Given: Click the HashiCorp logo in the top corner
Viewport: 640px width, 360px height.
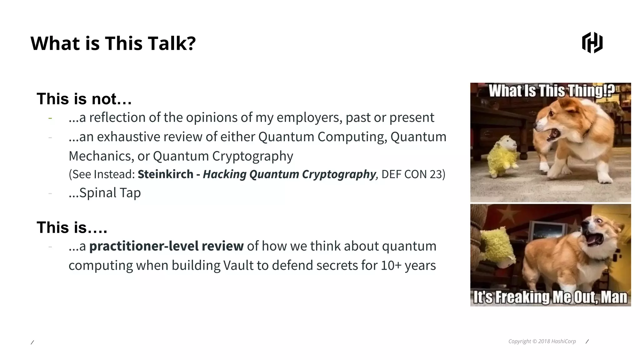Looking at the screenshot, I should click(x=592, y=43).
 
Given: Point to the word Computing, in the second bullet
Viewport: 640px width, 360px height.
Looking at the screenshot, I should click(x=352, y=137).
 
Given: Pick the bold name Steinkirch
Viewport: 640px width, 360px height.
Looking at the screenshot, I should click(x=165, y=174).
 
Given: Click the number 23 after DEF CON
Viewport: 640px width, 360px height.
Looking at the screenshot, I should click(x=436, y=174).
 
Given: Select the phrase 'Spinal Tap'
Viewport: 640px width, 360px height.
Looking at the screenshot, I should click(x=110, y=193).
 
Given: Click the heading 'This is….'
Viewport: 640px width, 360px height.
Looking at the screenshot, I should click(x=72, y=227).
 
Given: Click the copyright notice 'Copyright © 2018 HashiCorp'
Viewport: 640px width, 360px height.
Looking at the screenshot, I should click(x=542, y=341).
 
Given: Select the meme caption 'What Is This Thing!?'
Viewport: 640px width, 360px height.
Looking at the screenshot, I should click(x=552, y=91).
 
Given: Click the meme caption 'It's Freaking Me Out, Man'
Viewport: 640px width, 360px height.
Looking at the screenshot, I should click(x=550, y=297).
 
